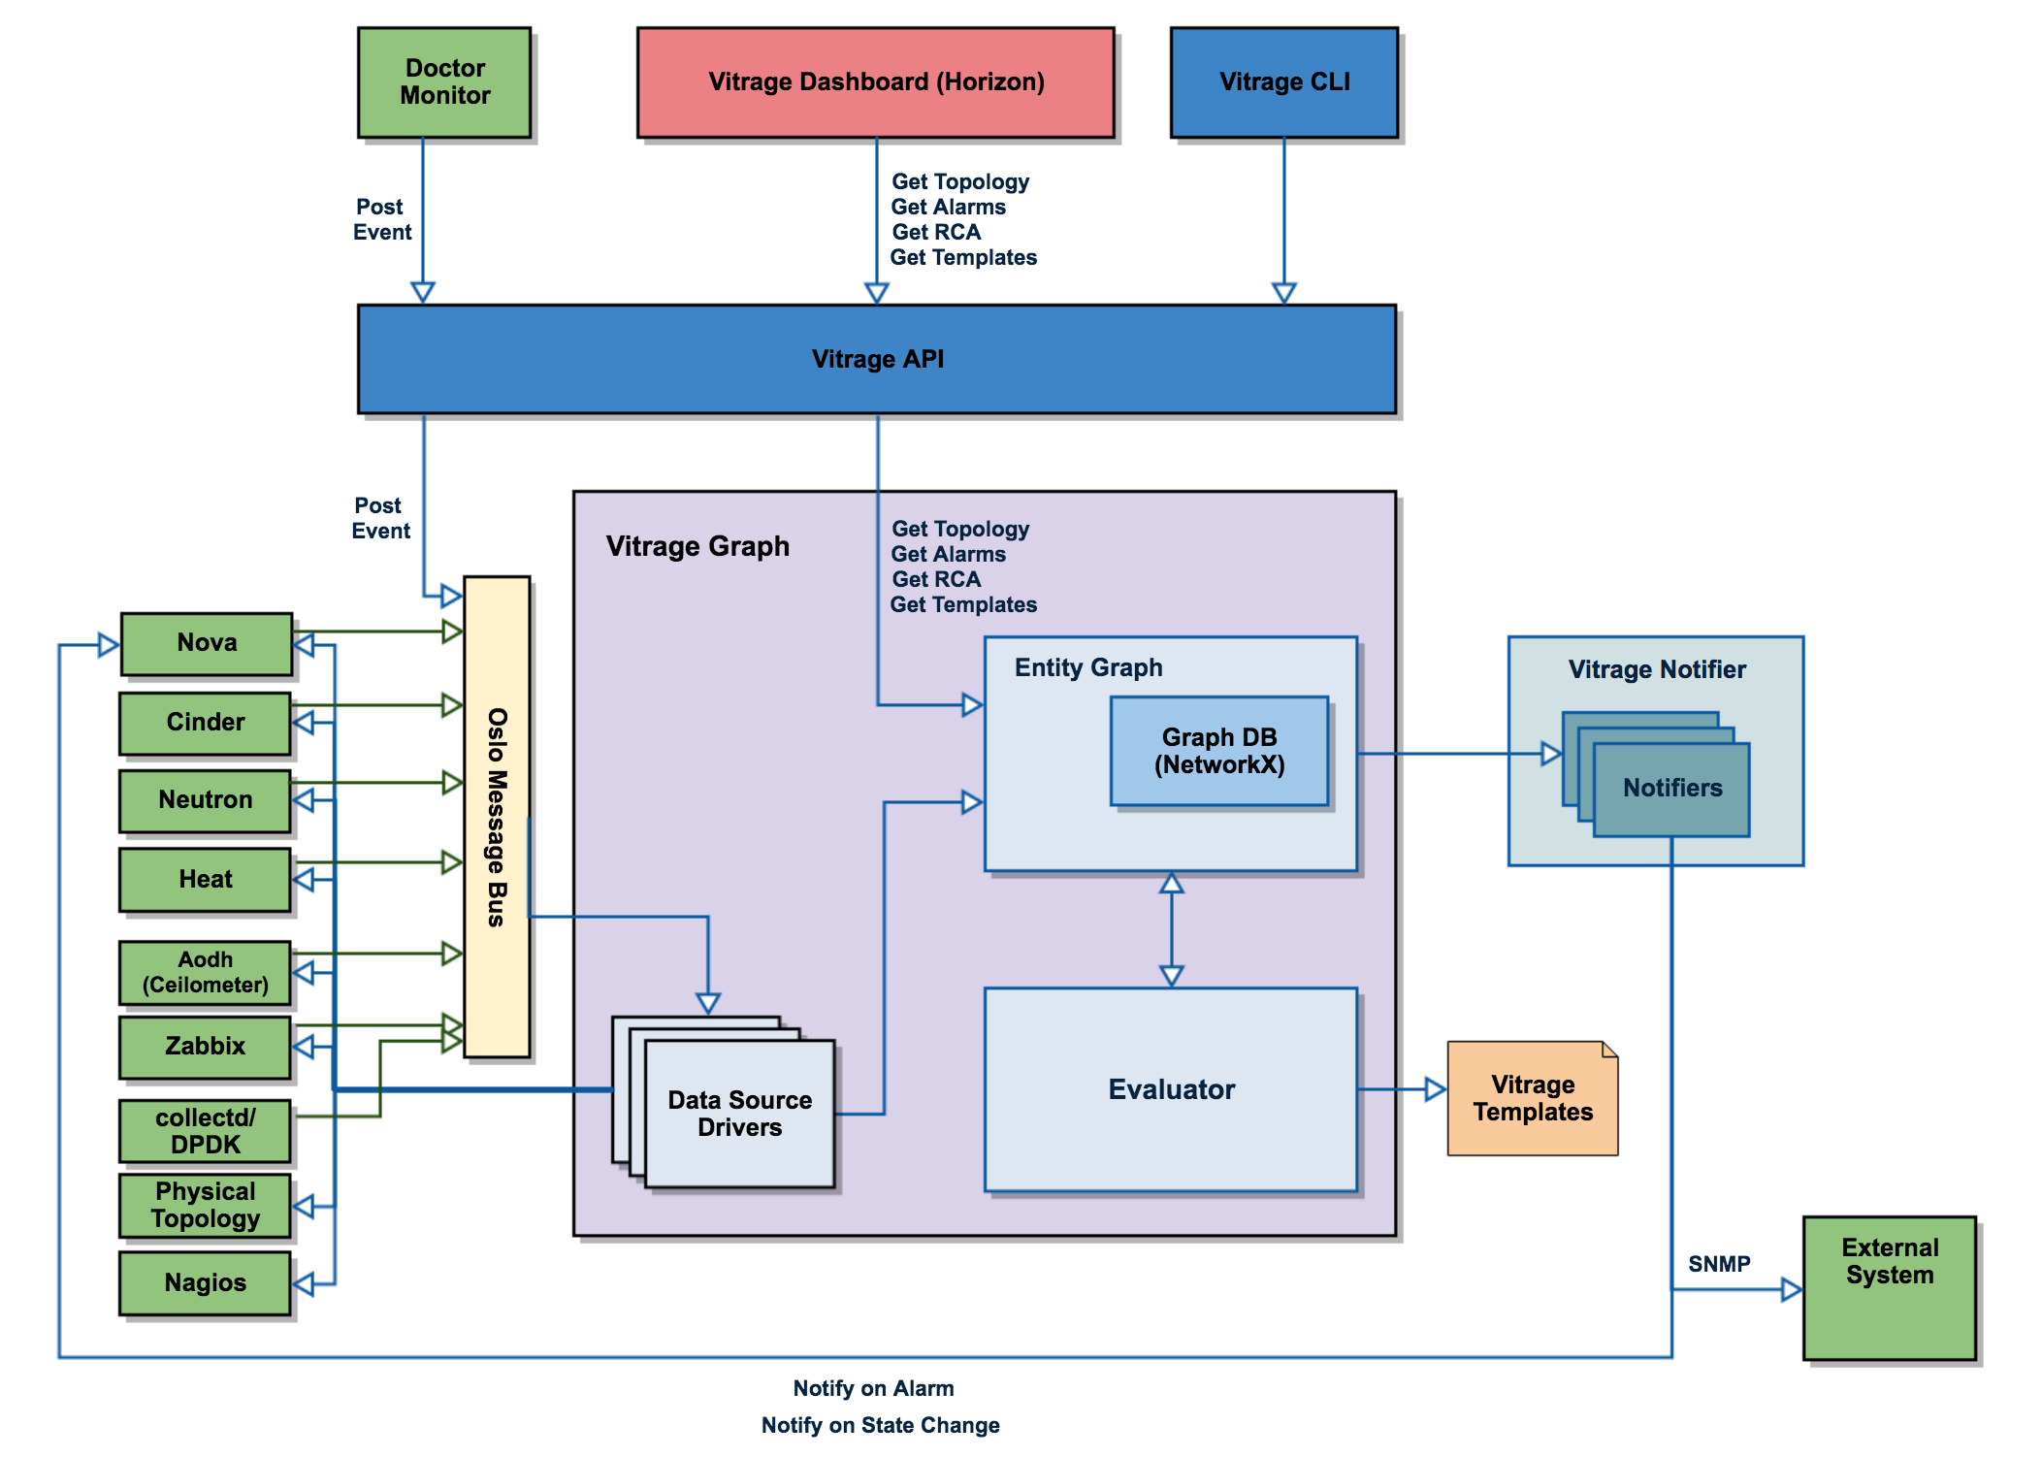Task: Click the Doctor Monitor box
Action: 444,82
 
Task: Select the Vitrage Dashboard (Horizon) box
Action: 875,82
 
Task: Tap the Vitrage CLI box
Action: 1283,82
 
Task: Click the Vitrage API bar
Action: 876,360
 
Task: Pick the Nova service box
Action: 207,643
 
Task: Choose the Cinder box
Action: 205,723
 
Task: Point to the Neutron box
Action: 205,800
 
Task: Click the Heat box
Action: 205,880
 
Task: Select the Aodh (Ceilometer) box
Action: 205,972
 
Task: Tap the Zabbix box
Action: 205,1047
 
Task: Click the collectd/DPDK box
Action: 205,1131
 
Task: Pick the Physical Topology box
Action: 205,1206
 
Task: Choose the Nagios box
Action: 205,1283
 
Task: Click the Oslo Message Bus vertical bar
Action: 497,817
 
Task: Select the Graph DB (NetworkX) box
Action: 1219,752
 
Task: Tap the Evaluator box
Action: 1171,1089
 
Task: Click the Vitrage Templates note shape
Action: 1532,1099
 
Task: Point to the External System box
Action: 1889,1287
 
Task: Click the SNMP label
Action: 1719,1264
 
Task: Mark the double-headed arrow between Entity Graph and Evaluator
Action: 1172,929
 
